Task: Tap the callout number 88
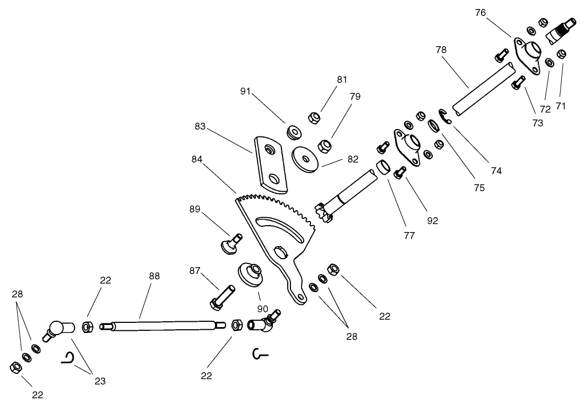pyautogui.click(x=154, y=276)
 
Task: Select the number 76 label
pyautogui.click(x=480, y=13)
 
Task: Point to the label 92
pyautogui.click(x=433, y=220)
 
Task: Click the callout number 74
pyautogui.click(x=496, y=171)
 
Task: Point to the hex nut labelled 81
pyautogui.click(x=314, y=117)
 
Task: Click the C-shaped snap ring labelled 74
pyautogui.click(x=444, y=116)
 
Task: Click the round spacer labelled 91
pyautogui.click(x=293, y=132)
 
